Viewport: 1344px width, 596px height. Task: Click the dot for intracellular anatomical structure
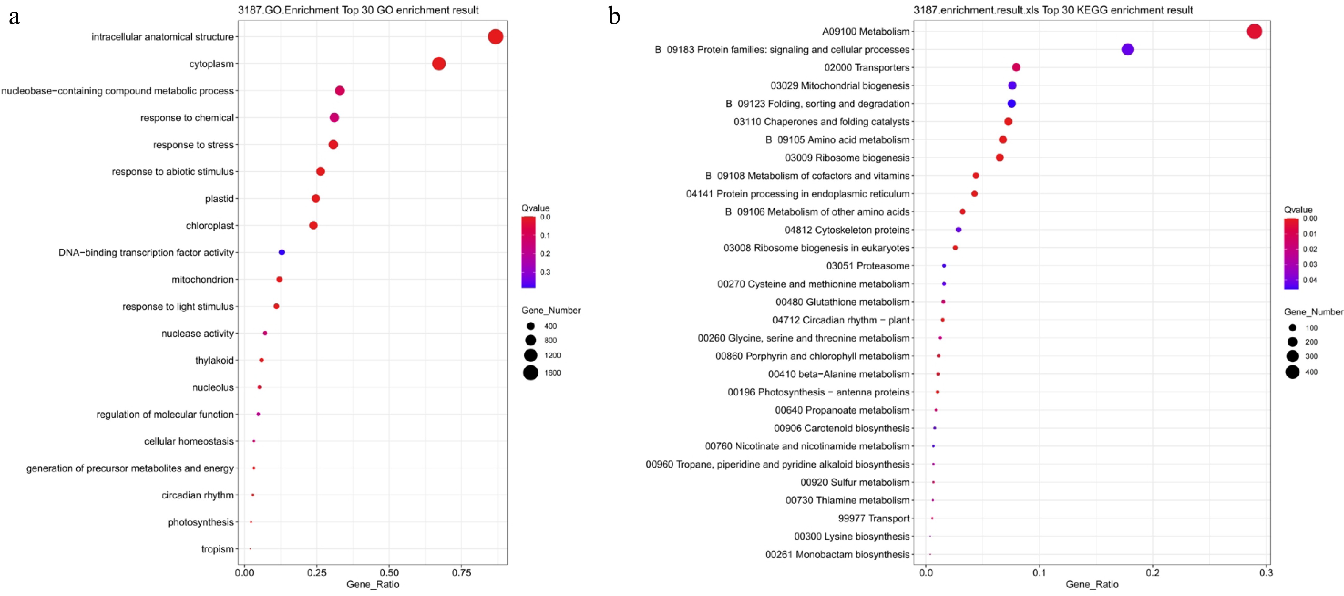point(495,37)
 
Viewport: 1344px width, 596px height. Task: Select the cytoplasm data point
point(439,64)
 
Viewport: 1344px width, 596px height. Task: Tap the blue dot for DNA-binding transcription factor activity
point(282,252)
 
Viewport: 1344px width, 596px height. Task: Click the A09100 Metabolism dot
point(1254,31)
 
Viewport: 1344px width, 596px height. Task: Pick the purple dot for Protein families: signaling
point(1127,50)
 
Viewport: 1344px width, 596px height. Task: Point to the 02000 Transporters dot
point(1016,67)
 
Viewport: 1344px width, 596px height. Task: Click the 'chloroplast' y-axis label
point(210,226)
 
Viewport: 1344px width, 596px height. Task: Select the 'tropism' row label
point(217,549)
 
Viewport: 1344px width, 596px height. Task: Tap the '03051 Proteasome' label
point(867,266)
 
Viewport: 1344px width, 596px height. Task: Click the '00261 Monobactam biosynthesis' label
point(837,554)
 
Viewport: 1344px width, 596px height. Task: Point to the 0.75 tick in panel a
point(461,573)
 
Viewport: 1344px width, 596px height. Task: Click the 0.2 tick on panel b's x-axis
point(1152,573)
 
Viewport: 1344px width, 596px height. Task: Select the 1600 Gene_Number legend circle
point(531,373)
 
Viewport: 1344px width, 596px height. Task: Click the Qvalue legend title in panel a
point(535,208)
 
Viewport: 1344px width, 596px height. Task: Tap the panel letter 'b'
point(614,17)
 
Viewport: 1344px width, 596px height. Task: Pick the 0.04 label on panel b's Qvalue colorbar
point(1310,280)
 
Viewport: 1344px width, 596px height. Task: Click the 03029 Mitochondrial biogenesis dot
point(1012,86)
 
